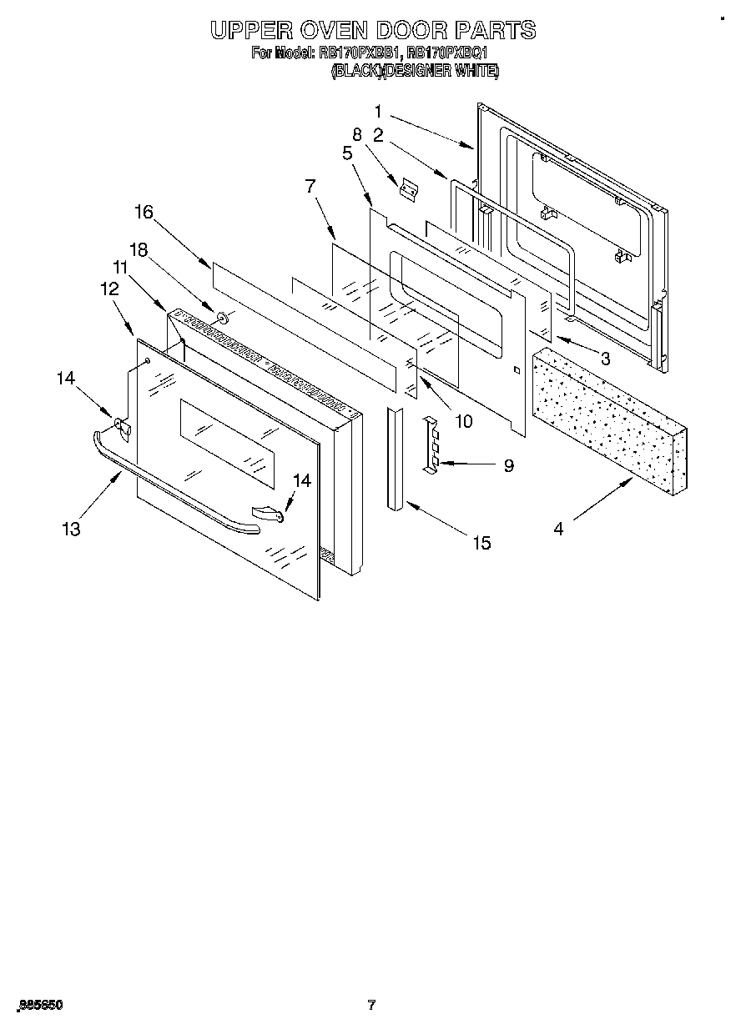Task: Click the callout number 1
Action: [378, 111]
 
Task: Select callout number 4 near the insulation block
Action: [558, 529]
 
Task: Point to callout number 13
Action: [72, 529]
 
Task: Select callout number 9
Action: [508, 465]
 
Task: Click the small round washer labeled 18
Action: [223, 317]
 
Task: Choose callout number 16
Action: [144, 212]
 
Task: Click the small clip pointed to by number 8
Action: [407, 190]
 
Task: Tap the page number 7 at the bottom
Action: [371, 1005]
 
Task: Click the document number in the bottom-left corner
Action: [38, 1006]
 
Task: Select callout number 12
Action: [109, 289]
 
